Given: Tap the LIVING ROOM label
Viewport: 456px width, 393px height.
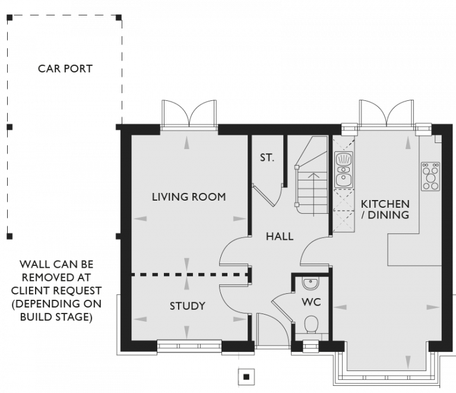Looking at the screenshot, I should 188,196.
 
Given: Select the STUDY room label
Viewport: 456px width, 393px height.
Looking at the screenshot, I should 187,306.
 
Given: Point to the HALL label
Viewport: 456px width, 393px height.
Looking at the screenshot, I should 279,236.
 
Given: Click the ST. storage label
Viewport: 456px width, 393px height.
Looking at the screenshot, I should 267,158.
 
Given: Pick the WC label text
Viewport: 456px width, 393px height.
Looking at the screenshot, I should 312,302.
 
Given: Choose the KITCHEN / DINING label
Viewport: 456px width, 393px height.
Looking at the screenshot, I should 385,209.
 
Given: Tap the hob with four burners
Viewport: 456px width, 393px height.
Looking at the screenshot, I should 430,176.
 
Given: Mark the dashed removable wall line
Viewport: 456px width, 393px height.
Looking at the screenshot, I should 189,275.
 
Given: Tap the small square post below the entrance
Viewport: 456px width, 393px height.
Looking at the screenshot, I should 245,375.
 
